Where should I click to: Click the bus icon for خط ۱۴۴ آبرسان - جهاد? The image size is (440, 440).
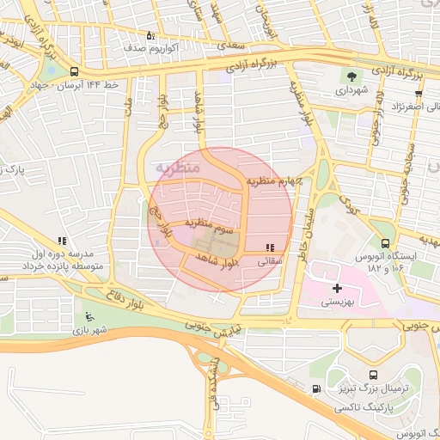pos(75,72)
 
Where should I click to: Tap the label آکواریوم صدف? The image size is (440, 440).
pos(151,49)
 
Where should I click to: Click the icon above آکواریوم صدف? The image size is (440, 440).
pos(151,35)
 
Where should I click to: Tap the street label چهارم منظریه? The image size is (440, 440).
pos(272,180)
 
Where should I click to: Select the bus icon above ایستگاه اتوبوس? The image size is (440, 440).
pos(385,243)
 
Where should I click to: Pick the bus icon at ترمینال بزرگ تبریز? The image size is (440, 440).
pos(373,376)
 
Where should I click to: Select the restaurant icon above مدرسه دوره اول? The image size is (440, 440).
pos(61,241)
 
